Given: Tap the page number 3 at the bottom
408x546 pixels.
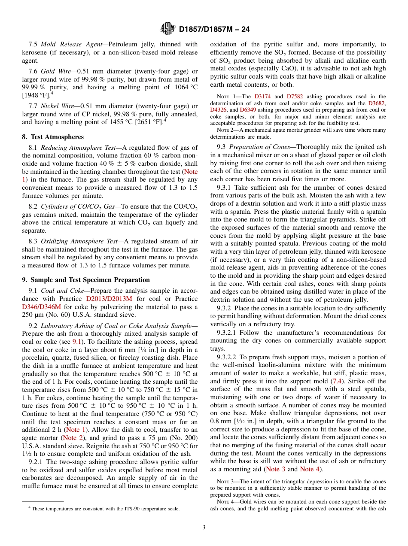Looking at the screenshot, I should (x=204, y=527).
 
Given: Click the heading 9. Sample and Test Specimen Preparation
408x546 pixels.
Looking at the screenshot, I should (x=86, y=279).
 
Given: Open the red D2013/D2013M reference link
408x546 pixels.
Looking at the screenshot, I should (x=109, y=299).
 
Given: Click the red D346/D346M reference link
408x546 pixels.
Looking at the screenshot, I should (x=42, y=307).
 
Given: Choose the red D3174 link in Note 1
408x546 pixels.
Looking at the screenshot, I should (x=262, y=97).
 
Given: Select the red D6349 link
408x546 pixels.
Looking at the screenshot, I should (x=248, y=109).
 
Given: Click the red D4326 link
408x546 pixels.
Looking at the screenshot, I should (x=218, y=109).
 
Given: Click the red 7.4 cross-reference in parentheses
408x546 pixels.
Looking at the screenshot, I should (x=336, y=381).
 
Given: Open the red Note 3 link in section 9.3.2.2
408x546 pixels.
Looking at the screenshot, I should (x=276, y=469).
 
